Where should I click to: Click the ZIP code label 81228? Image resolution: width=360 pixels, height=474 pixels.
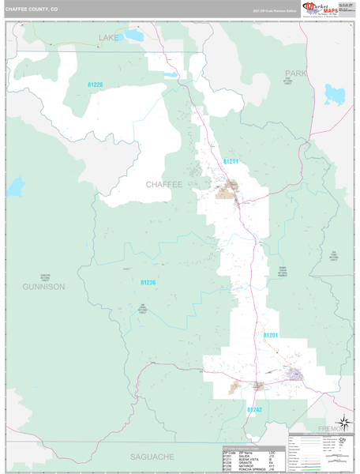pyautogui.click(x=95, y=85)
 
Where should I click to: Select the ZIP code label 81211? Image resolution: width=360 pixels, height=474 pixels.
pyautogui.click(x=231, y=161)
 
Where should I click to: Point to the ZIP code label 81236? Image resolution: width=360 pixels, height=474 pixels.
pyautogui.click(x=148, y=282)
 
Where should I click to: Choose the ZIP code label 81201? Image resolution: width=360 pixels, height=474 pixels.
pyautogui.click(x=271, y=336)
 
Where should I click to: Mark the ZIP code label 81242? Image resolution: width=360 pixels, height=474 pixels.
pyautogui.click(x=254, y=410)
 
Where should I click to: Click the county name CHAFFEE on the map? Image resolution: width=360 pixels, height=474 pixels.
pyautogui.click(x=163, y=184)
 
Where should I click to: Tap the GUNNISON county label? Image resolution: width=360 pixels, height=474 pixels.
pyautogui.click(x=43, y=286)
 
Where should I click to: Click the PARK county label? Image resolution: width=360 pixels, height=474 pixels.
pyautogui.click(x=295, y=73)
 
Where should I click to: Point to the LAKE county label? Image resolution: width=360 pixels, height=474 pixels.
pyautogui.click(x=107, y=37)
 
